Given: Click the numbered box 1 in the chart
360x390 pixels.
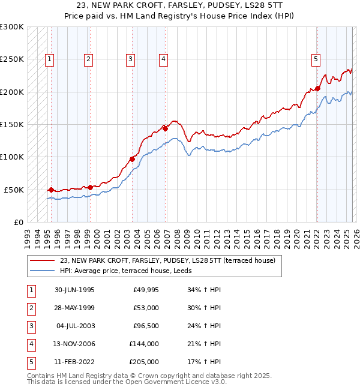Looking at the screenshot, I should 49,59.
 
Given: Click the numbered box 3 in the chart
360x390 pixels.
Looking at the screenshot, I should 130,59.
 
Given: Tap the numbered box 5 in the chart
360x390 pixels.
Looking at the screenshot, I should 316,59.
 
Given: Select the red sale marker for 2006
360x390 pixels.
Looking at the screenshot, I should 165,127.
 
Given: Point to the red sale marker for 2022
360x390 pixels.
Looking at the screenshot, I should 318,89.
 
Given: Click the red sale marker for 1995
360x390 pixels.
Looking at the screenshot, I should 51,190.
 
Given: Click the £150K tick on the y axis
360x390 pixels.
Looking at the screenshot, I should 12,125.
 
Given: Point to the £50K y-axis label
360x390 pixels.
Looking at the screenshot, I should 14,190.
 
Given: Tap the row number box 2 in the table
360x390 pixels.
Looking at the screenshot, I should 29,308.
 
